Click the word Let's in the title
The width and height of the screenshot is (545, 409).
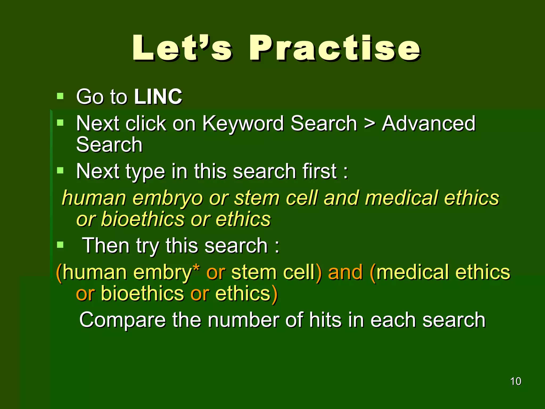(182, 48)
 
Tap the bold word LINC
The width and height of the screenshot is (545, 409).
(158, 96)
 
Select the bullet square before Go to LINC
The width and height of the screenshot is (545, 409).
(60, 96)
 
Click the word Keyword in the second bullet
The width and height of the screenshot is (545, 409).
(243, 124)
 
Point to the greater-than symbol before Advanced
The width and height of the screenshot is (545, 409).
(369, 124)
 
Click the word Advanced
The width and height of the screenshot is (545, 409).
(428, 124)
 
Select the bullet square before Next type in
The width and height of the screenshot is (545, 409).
(60, 170)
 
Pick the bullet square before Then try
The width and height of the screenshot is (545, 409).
(60, 244)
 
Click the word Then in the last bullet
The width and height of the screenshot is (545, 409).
(106, 246)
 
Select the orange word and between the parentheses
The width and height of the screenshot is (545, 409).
(345, 273)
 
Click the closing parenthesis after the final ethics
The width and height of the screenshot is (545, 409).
(275, 295)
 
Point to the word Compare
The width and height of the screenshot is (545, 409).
(122, 320)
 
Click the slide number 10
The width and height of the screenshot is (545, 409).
(515, 381)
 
